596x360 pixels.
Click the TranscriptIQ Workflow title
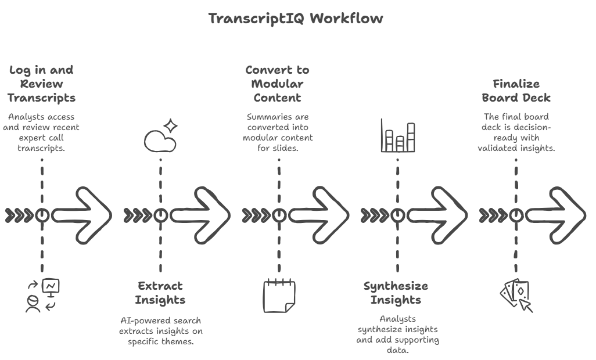pyautogui.click(x=296, y=19)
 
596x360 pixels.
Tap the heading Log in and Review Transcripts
pyautogui.click(x=42, y=84)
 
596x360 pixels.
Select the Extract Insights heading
pyautogui.click(x=160, y=293)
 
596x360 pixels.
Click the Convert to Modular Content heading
pyautogui.click(x=278, y=84)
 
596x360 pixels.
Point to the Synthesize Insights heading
pyautogui.click(x=396, y=293)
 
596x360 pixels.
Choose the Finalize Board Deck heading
pyautogui.click(x=516, y=91)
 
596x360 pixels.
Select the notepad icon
pyautogui.click(x=279, y=296)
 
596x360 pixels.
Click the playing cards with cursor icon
pyautogui.click(x=516, y=295)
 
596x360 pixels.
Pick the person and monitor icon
pyautogui.click(x=42, y=295)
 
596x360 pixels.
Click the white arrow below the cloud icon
pyautogui.click(x=200, y=215)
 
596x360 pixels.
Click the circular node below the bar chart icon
pyautogui.click(x=397, y=215)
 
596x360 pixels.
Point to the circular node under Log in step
pyautogui.click(x=42, y=215)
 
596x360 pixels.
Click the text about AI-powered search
pyautogui.click(x=160, y=330)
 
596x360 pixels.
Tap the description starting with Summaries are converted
pyautogui.click(x=278, y=132)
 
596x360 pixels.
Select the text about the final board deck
pyautogui.click(x=516, y=132)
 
